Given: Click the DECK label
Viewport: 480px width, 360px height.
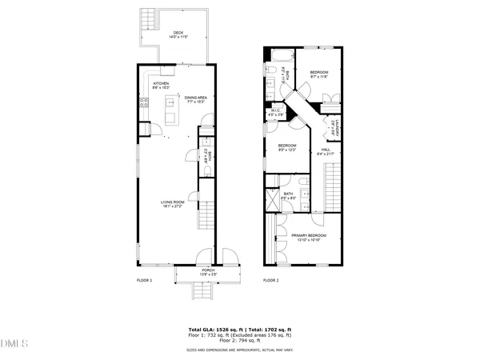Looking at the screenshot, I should pyautogui.click(x=178, y=33).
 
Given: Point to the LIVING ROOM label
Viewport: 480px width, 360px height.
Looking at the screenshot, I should pyautogui.click(x=172, y=202).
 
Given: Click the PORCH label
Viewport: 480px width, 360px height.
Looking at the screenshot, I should pyautogui.click(x=208, y=270).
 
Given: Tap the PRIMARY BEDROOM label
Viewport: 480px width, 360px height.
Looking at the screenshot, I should pyautogui.click(x=308, y=235).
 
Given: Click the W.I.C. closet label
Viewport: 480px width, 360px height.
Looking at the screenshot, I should pyautogui.click(x=274, y=110).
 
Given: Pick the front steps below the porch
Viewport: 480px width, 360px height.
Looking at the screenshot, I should pyautogui.click(x=202, y=293).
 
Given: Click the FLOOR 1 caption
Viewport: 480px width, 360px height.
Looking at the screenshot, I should pyautogui.click(x=145, y=281).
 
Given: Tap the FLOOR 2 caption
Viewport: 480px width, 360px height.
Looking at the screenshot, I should pyautogui.click(x=271, y=281).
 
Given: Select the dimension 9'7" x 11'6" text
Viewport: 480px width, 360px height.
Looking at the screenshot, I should pyautogui.click(x=319, y=77).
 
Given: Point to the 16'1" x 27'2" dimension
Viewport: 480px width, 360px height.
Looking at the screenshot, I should pyautogui.click(x=172, y=206).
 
